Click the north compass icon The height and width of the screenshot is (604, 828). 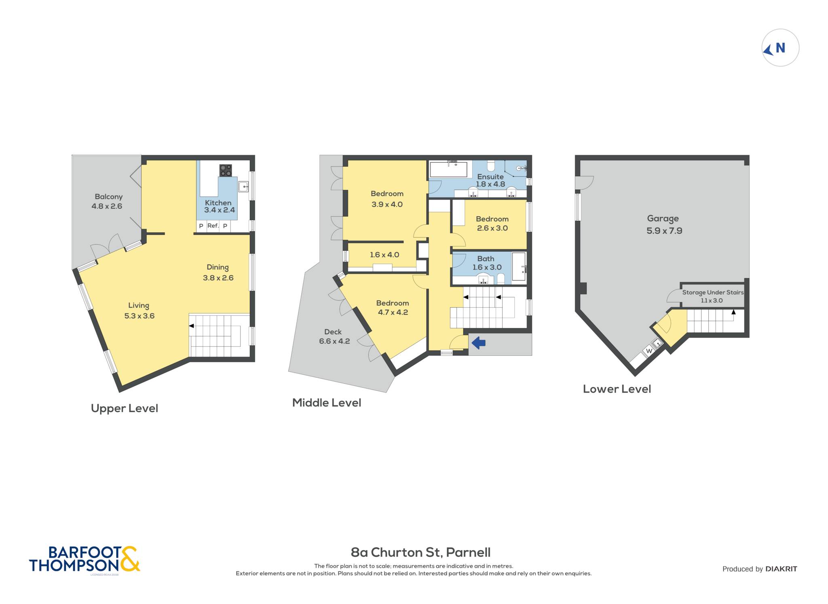780,48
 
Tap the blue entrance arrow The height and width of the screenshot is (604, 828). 479,343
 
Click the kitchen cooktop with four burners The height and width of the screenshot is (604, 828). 226,170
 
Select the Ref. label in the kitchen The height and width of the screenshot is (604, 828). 213,226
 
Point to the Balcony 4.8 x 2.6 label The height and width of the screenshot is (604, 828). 107,201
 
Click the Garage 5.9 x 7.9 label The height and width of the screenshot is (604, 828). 664,224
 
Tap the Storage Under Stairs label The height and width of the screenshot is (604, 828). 713,292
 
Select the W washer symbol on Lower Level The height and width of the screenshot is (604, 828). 649,351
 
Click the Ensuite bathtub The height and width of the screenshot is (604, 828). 449,169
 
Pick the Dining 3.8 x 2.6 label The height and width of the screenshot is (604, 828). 218,272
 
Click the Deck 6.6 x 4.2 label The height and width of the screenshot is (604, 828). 334,336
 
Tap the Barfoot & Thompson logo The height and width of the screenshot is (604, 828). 84,560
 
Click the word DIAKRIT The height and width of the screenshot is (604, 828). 781,569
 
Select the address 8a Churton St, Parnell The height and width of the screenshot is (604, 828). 420,552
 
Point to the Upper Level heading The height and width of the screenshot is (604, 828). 125,408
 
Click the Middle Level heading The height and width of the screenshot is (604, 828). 327,403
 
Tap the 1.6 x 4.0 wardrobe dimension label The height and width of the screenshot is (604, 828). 384,255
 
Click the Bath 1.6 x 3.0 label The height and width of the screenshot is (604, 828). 487,263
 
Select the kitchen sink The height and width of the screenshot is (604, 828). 243,186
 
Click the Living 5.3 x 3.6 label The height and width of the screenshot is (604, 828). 139,310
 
